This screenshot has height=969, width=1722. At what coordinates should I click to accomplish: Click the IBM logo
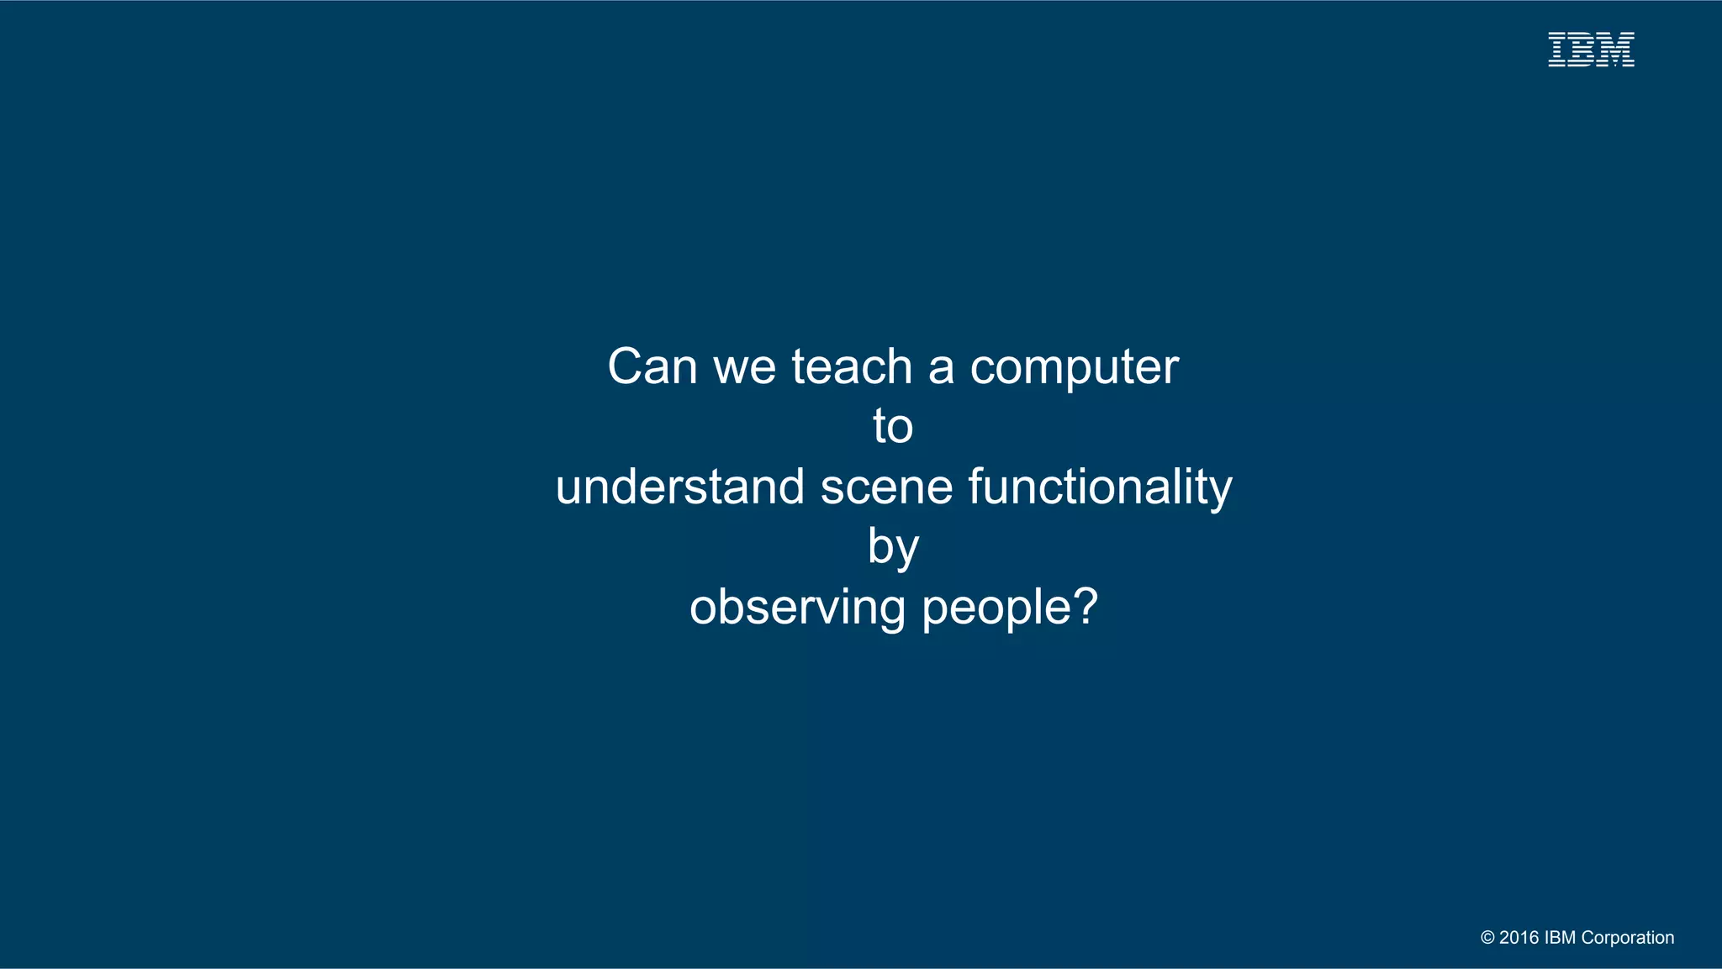1591,50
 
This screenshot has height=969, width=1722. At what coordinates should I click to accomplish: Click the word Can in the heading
652,367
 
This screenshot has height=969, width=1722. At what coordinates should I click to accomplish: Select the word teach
852,367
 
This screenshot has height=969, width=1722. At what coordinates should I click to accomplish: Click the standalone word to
893,427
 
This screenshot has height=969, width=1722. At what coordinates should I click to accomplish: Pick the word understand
679,487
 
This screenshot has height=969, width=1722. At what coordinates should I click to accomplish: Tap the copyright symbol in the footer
1487,938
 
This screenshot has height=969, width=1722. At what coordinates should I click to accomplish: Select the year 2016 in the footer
1519,938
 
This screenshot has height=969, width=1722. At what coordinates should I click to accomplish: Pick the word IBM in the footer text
1561,938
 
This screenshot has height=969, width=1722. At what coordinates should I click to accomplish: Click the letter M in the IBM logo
1616,50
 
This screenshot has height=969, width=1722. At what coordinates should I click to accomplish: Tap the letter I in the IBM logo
1557,50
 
